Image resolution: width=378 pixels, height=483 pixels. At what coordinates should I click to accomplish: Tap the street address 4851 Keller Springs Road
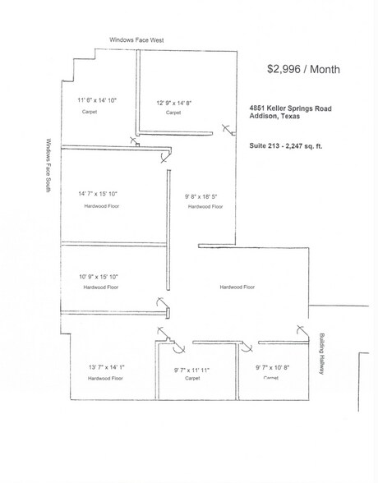pos(290,106)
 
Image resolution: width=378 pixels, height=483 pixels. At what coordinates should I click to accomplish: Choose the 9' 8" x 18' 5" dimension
pos(205,196)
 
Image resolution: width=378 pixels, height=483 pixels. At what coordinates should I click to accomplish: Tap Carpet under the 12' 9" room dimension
pos(173,113)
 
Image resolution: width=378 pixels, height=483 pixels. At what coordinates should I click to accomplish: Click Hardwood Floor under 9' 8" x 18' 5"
pos(205,207)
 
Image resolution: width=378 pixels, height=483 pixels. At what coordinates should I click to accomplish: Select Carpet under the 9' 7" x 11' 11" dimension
pos(191,379)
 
